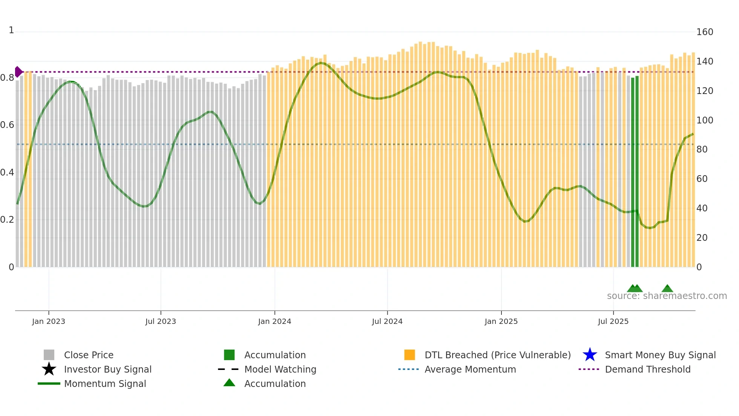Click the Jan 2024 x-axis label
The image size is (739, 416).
[x=274, y=321]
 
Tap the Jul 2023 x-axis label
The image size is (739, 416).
[x=161, y=321]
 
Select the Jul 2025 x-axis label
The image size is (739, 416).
[x=613, y=321]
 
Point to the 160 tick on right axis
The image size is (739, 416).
[x=704, y=32]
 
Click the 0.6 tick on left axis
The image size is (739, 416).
[x=7, y=125]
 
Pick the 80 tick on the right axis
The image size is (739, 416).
[x=702, y=149]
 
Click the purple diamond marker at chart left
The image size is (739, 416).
[x=18, y=72]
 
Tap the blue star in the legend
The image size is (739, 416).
[x=590, y=355]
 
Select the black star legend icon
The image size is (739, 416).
[x=49, y=369]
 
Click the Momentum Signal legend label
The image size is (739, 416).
[x=105, y=384]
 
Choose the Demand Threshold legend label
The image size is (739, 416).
[x=647, y=369]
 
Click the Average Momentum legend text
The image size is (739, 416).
[x=470, y=369]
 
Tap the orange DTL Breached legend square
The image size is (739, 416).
[x=409, y=355]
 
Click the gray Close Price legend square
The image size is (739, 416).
[x=49, y=355]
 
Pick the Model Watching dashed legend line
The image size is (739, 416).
[x=228, y=369]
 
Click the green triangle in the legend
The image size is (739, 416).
[x=229, y=383]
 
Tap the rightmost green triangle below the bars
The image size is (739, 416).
[x=667, y=289]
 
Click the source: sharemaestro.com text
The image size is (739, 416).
[x=667, y=296]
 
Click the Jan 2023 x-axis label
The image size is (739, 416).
[x=49, y=321]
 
